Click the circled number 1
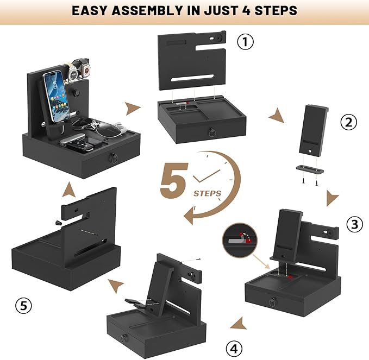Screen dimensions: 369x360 (x=245, y=42)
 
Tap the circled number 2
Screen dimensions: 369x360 (x=349, y=122)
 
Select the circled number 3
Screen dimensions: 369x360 (x=355, y=224)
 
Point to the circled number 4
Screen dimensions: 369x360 (x=234, y=349)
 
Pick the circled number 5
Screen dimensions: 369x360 (x=23, y=306)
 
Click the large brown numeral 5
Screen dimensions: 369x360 (x=174, y=180)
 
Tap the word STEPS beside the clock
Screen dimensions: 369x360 (x=208, y=193)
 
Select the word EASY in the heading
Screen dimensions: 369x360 (x=89, y=11)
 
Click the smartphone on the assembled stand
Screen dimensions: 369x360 (x=57, y=97)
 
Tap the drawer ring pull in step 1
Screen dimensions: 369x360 (x=212, y=132)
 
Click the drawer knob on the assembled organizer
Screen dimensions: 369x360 (x=114, y=158)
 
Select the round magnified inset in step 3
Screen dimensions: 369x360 (x=240, y=241)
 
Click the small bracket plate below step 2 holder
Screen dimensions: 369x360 (x=309, y=169)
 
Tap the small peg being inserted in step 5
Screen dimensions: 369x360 (x=59, y=223)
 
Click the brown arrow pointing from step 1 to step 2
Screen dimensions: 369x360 (x=277, y=115)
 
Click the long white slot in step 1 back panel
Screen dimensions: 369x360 (x=192, y=78)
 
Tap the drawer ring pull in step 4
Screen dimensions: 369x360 (x=124, y=339)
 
